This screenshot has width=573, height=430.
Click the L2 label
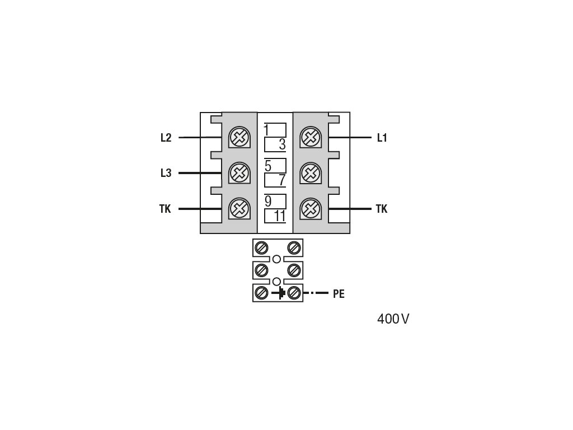tap(166, 138)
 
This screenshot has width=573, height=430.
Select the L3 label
tap(166, 173)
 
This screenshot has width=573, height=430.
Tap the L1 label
tap(382, 138)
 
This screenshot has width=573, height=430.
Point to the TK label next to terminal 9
tap(165, 209)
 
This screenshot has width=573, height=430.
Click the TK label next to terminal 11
tap(382, 209)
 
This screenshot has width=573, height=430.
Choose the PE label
tap(339, 294)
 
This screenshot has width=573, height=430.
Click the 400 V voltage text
tap(393, 319)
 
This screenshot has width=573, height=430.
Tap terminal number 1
tap(266, 130)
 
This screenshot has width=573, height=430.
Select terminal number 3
tap(282, 144)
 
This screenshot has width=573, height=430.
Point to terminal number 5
tap(268, 166)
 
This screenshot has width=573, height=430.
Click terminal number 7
tap(282, 180)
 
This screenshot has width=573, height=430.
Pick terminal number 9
tap(268, 202)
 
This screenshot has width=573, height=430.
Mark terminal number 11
tap(280, 216)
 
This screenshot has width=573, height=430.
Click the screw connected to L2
tap(239, 138)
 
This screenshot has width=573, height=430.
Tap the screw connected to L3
tap(239, 173)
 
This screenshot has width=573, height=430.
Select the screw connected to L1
tap(311, 138)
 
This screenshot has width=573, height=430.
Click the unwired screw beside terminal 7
tap(311, 173)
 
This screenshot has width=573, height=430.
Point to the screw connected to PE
tap(294, 293)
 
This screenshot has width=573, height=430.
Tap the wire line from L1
tap(350, 138)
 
